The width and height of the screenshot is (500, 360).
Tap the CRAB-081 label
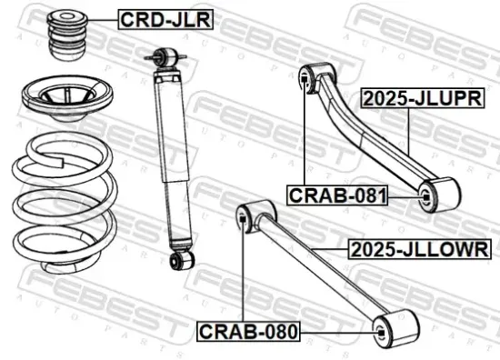pos(338,194)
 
